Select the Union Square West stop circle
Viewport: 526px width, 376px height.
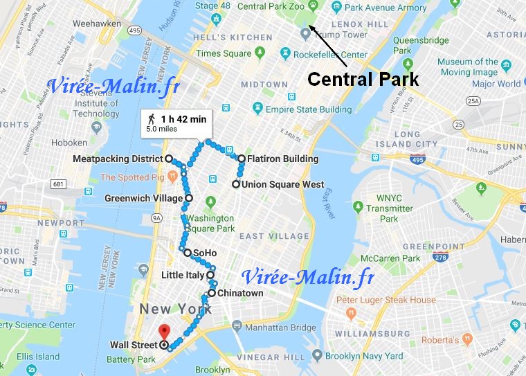click(x=236, y=184)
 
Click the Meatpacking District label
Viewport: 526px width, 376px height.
click(x=118, y=159)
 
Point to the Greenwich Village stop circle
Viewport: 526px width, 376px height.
click(x=189, y=199)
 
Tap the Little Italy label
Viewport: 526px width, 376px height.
click(x=183, y=275)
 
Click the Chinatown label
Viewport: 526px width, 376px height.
click(x=240, y=293)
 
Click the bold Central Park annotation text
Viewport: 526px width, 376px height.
click(x=363, y=78)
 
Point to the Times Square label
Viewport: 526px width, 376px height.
click(x=223, y=53)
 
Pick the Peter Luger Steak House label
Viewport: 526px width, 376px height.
click(x=386, y=300)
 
